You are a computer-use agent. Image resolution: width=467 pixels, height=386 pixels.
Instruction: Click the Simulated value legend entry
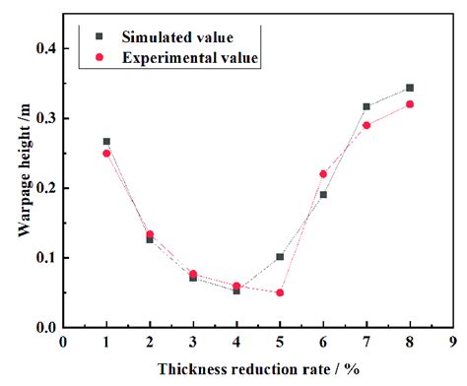pyautogui.click(x=177, y=38)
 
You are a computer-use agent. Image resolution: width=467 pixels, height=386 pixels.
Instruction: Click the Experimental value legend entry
pyautogui.click(x=190, y=58)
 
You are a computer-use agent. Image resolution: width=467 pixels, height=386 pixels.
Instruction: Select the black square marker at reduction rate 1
pyautogui.click(x=106, y=142)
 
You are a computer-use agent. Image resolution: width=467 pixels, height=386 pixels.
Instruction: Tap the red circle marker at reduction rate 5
pyautogui.click(x=280, y=292)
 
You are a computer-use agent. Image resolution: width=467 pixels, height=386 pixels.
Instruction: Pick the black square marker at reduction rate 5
pyautogui.click(x=280, y=257)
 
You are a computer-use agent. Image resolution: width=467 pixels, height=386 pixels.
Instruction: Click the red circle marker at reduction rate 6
pyautogui.click(x=323, y=174)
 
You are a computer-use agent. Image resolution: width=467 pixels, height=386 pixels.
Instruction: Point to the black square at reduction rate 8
pyautogui.click(x=410, y=88)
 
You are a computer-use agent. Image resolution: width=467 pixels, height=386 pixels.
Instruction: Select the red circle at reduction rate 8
pyautogui.click(x=410, y=104)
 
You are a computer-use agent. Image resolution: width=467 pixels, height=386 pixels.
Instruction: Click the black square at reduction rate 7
pyautogui.click(x=367, y=106)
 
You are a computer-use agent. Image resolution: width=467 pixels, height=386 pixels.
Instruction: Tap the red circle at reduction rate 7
pyautogui.click(x=367, y=125)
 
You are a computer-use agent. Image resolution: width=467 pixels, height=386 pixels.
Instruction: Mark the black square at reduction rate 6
pyautogui.click(x=323, y=195)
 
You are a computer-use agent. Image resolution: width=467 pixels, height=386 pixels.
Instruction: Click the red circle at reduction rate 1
pyautogui.click(x=106, y=154)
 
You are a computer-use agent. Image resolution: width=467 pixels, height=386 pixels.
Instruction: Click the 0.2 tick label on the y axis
pyautogui.click(x=45, y=188)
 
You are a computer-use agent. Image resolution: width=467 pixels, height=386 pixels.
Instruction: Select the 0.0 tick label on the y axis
pyautogui.click(x=45, y=328)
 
